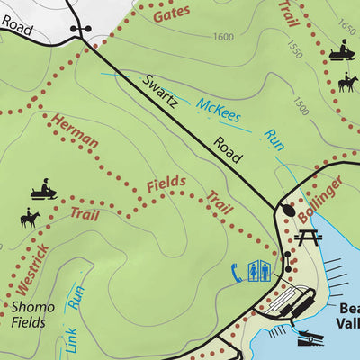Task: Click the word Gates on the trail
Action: click(171, 13)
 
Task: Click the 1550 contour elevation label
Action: click(291, 45)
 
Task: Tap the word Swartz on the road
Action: click(160, 94)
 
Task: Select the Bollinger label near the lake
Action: click(320, 200)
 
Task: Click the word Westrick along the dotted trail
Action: click(28, 271)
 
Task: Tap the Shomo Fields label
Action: click(32, 314)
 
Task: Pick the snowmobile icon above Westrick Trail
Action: click(42, 192)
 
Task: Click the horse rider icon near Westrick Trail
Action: click(29, 219)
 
